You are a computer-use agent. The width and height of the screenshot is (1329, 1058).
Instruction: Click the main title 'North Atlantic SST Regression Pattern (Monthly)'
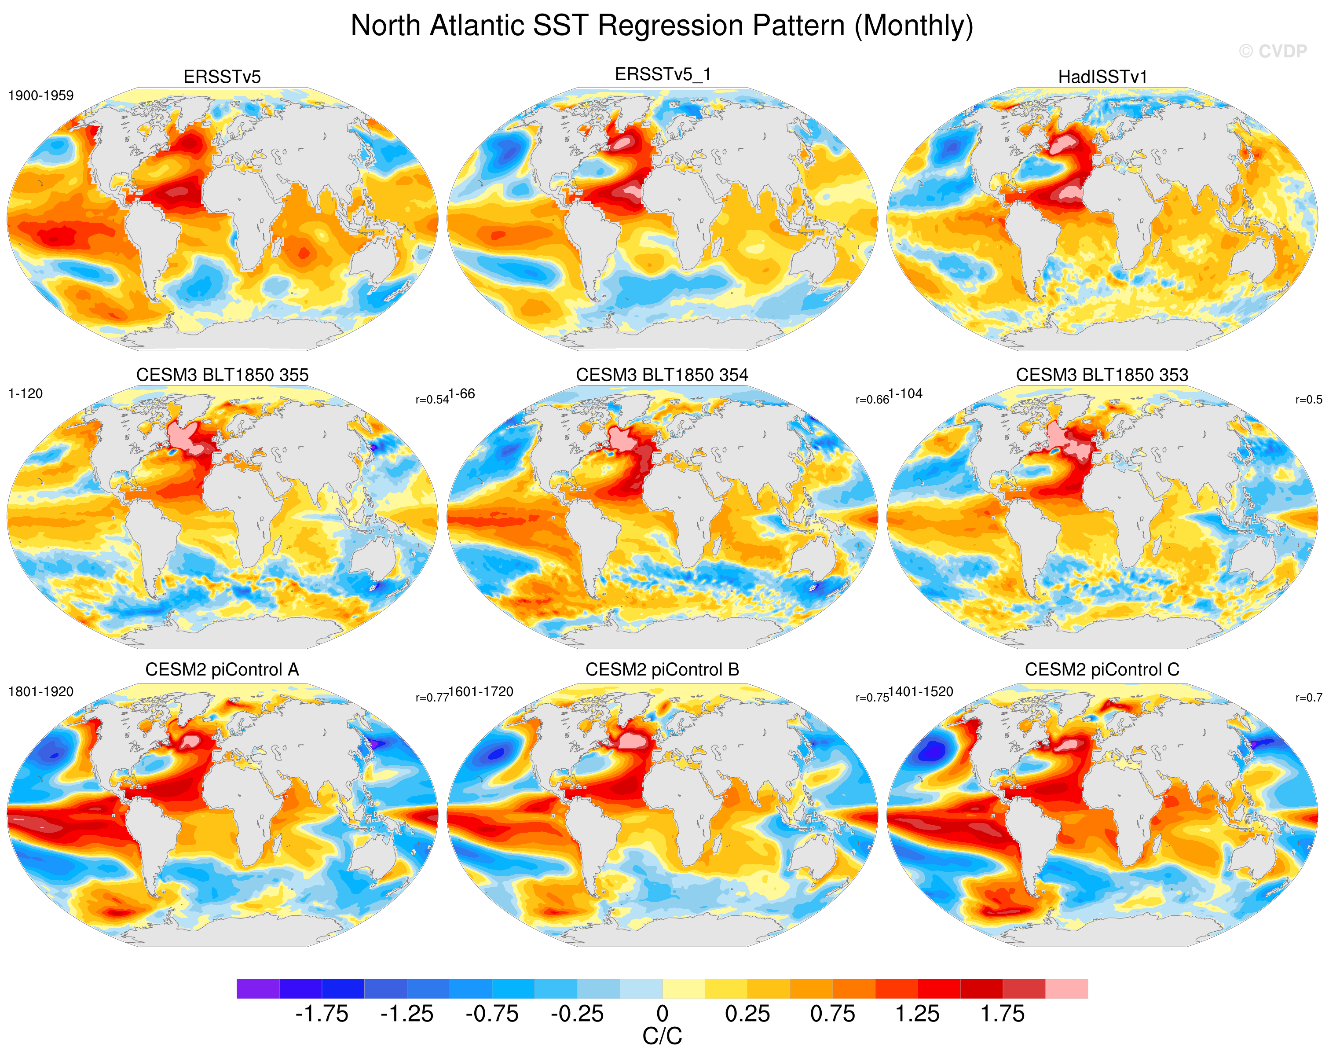[662, 26]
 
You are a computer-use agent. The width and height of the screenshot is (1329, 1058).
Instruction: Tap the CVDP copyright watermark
[1273, 51]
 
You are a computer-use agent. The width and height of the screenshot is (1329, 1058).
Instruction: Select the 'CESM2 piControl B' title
[662, 669]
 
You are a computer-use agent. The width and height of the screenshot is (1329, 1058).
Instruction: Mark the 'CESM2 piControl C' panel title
[1102, 669]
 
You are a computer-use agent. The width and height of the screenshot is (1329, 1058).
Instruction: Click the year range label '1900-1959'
[40, 96]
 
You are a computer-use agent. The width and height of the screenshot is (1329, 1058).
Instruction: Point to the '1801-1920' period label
[40, 691]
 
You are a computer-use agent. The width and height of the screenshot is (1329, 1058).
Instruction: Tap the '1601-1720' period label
[481, 691]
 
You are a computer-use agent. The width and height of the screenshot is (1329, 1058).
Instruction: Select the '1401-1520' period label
[921, 691]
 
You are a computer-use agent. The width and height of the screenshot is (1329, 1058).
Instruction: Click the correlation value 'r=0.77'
[432, 697]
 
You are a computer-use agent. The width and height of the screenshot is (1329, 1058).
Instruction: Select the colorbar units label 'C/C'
[663, 1037]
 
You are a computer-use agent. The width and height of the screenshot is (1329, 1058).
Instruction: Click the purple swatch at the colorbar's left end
[258, 989]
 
